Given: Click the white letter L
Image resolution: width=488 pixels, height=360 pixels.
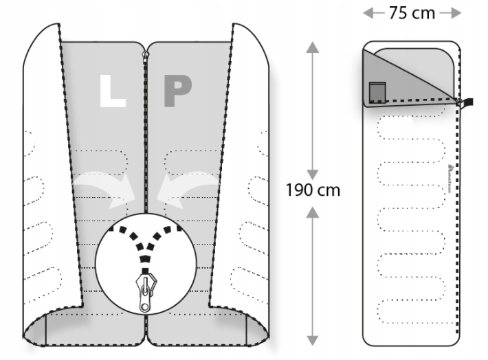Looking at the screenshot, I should pyautogui.click(x=112, y=90).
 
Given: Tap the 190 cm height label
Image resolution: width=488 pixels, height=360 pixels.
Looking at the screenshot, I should pyautogui.click(x=313, y=190).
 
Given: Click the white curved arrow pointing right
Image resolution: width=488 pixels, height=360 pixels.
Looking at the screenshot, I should pyautogui.click(x=103, y=185).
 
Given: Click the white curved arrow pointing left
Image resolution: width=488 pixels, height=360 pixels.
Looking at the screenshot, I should pyautogui.click(x=187, y=186).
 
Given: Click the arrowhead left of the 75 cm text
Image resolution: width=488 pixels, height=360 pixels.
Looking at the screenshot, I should pyautogui.click(x=369, y=13).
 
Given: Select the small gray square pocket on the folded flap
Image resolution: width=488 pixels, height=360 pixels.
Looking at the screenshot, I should pyautogui.click(x=377, y=91).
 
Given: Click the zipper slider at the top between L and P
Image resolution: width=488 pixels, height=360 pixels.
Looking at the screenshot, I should pyautogui.click(x=145, y=54).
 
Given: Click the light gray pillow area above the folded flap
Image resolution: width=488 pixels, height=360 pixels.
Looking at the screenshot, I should pyautogui.click(x=419, y=62).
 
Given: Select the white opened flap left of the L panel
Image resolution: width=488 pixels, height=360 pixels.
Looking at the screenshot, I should pyautogui.click(x=45, y=172).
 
